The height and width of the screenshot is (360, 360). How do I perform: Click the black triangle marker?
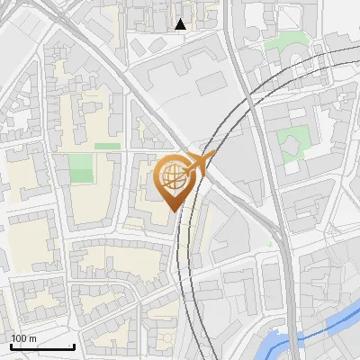click(x=181, y=24)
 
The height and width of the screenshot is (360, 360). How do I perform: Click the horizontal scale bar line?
click(x=41, y=347)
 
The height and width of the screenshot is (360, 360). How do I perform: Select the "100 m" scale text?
click(x=24, y=338)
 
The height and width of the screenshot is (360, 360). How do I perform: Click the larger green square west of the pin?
click(x=81, y=167)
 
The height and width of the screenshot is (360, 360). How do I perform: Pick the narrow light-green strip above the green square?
click(x=107, y=145)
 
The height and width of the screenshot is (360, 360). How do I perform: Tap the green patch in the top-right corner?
click(x=290, y=40)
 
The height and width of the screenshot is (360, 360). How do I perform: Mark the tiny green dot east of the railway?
click(x=269, y=243)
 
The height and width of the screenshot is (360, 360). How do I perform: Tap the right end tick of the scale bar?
click(x=74, y=346)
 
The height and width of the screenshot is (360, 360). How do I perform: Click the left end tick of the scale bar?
click(x=10, y=346)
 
